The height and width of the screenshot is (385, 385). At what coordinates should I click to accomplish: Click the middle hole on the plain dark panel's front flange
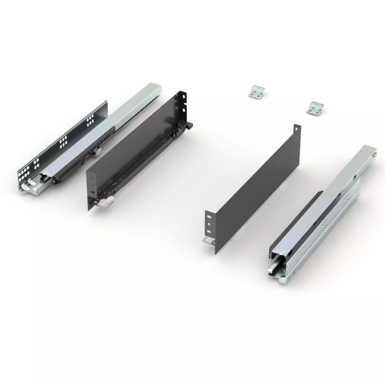[209, 224]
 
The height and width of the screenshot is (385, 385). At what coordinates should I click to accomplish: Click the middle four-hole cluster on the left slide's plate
[63, 140]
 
